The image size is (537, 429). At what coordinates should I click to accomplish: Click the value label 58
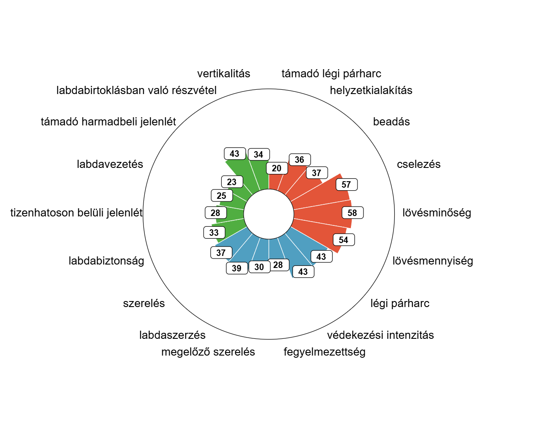352,213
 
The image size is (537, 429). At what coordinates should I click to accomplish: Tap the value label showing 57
347,185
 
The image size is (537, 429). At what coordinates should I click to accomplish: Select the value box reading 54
344,240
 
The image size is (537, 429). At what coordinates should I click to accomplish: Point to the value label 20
277,168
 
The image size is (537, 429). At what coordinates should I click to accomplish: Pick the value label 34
259,155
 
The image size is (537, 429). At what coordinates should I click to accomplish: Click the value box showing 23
232,182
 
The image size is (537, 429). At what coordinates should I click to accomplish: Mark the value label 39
237,268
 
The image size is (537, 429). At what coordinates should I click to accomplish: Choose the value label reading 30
259,267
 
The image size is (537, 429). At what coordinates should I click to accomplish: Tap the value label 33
214,232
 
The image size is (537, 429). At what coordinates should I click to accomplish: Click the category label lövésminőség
436,213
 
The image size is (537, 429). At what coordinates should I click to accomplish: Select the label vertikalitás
223,73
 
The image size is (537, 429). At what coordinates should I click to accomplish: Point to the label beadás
391,122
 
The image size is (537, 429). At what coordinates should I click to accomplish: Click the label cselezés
418,164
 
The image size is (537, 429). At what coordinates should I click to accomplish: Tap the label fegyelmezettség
324,352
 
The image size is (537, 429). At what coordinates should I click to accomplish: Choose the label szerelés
144,303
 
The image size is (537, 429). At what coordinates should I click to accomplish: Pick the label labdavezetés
110,164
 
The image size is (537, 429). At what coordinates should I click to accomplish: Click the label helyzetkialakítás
371,90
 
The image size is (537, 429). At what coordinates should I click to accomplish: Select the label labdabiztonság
106,261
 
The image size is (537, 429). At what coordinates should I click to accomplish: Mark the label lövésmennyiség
433,261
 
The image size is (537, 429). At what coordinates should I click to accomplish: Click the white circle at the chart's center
268,214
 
